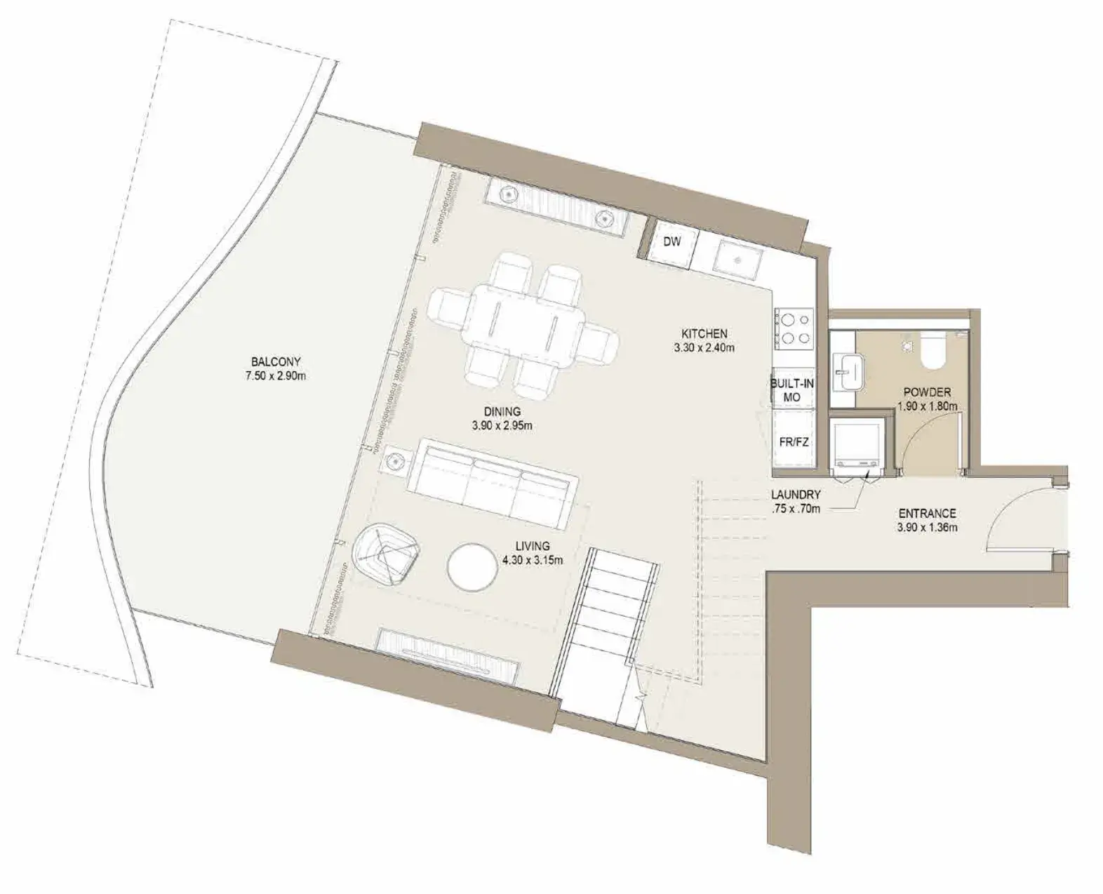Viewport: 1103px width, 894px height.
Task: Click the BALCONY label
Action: tap(276, 361)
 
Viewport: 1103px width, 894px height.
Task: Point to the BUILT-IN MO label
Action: tap(792, 390)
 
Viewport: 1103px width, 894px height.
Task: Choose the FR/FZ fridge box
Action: tap(794, 442)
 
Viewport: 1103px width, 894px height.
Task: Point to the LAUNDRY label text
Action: tap(796, 494)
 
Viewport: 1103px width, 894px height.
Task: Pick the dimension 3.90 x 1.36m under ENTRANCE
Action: tap(927, 528)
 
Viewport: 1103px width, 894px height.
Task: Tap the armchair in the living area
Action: tap(385, 555)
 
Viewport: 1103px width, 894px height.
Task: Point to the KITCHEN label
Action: tap(704, 333)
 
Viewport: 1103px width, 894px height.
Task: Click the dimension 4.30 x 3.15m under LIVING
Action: tap(533, 560)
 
